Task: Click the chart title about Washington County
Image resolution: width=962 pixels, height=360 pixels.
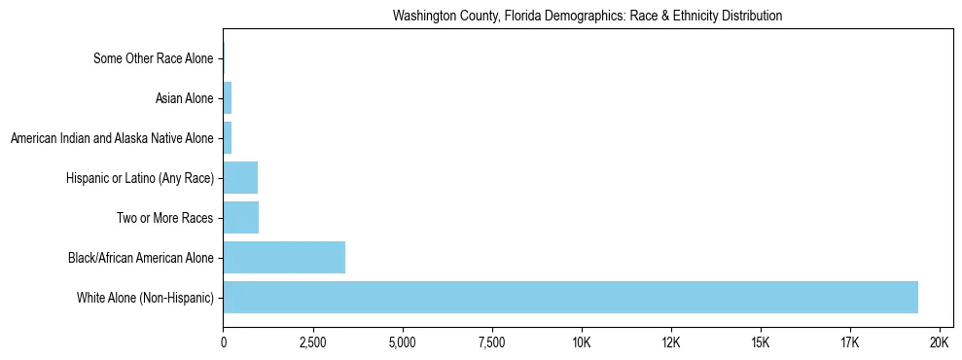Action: (587, 16)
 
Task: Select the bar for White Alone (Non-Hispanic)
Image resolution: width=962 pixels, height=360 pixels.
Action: (570, 297)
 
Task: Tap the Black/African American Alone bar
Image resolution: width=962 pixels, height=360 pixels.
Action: (284, 258)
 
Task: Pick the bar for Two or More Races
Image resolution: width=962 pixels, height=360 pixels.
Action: (241, 218)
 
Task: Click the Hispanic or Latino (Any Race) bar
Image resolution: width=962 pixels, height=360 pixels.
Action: (240, 178)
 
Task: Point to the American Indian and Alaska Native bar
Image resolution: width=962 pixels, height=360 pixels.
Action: (228, 138)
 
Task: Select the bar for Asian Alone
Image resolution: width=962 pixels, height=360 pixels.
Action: (228, 98)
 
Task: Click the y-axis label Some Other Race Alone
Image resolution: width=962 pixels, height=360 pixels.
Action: (153, 58)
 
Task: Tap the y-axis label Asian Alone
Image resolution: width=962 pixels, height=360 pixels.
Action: (184, 98)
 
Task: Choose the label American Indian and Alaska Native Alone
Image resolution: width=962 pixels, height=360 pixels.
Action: (112, 138)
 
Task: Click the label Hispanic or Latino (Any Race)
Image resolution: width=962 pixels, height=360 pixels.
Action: (140, 178)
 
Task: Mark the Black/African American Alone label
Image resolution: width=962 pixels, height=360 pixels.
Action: (141, 258)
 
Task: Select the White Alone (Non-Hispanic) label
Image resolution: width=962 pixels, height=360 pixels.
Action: (145, 297)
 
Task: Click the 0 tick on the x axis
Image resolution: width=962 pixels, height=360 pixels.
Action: (224, 343)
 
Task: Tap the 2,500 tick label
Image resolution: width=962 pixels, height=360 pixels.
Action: (313, 343)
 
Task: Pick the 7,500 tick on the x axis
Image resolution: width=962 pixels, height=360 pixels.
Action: (492, 343)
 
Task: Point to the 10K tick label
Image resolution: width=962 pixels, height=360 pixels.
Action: (582, 343)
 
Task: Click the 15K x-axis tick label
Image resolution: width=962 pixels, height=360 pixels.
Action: (761, 343)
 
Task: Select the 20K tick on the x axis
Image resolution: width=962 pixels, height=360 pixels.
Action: (940, 343)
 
